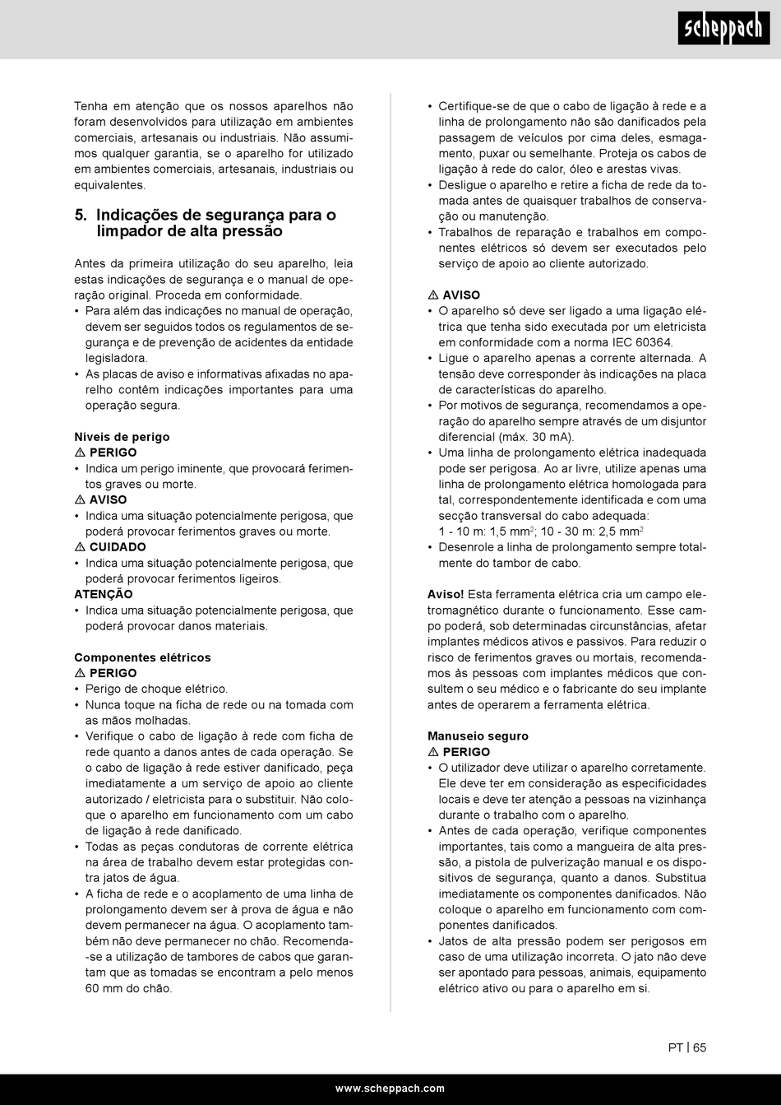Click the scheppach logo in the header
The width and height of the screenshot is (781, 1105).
click(723, 29)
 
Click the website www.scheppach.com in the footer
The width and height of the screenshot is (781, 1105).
click(390, 1088)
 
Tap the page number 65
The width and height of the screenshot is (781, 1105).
click(699, 1047)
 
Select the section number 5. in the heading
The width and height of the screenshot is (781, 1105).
click(81, 216)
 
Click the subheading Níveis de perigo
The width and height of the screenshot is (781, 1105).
click(122, 437)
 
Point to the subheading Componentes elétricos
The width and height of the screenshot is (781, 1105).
click(142, 657)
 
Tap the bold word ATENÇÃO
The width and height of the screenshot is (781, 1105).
click(103, 594)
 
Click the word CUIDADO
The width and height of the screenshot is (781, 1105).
click(118, 547)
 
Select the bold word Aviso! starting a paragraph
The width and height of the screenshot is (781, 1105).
click(446, 594)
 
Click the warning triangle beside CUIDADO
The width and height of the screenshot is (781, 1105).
click(80, 547)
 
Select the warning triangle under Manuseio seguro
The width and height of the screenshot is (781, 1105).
click(433, 752)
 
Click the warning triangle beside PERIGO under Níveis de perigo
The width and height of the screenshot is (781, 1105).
click(80, 453)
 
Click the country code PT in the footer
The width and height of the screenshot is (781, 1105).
click(675, 1047)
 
